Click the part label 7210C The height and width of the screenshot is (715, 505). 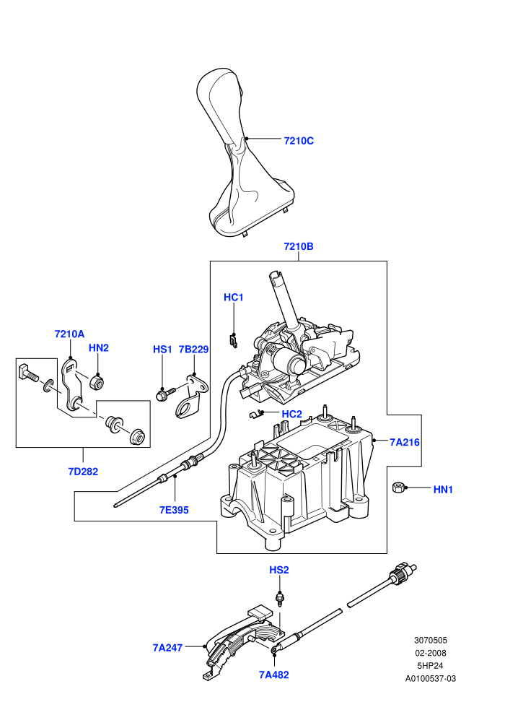[299, 141]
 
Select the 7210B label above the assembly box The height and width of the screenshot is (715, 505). [299, 247]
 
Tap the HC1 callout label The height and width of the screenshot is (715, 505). [234, 298]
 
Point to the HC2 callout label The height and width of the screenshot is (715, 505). [292, 414]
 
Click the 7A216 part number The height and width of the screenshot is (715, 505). [405, 442]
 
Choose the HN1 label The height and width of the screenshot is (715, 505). [443, 490]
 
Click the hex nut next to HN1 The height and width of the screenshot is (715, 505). [398, 487]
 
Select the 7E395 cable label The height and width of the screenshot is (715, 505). [174, 511]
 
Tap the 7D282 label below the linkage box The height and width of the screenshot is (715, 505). [84, 472]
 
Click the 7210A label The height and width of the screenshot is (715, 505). [70, 334]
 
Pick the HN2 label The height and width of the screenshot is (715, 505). [99, 348]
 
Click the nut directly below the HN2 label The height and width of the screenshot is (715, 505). [96, 381]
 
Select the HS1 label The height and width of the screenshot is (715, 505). [162, 350]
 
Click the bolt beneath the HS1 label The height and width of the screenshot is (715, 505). [165, 393]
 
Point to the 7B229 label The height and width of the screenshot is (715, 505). [193, 350]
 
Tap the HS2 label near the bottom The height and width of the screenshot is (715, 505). [279, 570]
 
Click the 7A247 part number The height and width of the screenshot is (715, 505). [167, 648]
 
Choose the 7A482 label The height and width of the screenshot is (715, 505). [274, 675]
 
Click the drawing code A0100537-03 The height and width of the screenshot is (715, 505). [431, 679]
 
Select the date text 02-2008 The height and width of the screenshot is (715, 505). [431, 654]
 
